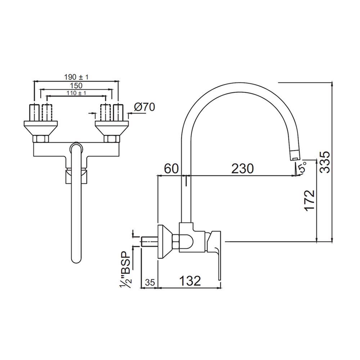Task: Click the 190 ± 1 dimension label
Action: [x=76, y=77]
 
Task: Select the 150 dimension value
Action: [x=76, y=86]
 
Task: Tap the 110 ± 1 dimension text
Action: [x=76, y=93]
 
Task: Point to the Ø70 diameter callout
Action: [x=145, y=107]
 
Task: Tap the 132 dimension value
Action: [x=190, y=280]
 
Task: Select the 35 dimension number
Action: [x=150, y=282]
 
